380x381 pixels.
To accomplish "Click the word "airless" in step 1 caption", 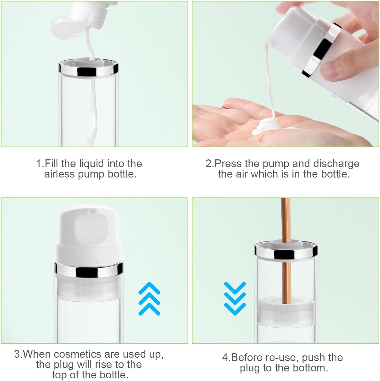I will point(59,174).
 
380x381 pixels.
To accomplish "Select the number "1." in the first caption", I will point(40,164).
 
